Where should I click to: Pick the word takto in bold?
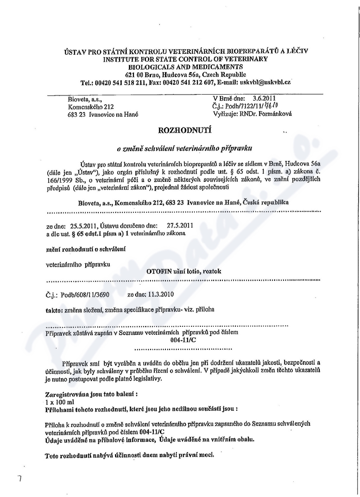(54, 309)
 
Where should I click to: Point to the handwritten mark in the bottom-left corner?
(20, 479)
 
